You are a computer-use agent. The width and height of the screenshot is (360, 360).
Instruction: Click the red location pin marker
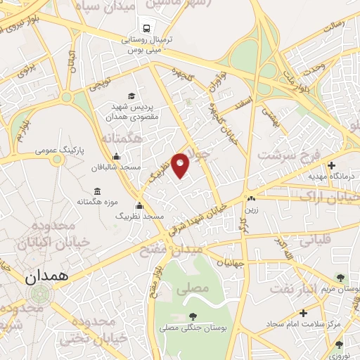click(x=181, y=165)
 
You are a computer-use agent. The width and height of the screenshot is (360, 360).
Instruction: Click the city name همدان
click(x=46, y=277)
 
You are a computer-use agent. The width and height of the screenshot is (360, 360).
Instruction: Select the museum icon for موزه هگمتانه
click(x=97, y=191)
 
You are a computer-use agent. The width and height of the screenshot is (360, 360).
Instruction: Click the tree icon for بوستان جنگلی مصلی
click(x=193, y=316)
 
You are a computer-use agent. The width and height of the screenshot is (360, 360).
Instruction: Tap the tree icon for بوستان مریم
click(x=341, y=278)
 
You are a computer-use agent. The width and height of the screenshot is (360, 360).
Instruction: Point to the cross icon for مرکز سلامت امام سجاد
click(x=303, y=313)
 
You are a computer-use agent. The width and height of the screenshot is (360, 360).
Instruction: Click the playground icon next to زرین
click(x=251, y=198)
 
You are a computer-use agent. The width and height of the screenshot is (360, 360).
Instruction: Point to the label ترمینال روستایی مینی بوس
click(x=144, y=44)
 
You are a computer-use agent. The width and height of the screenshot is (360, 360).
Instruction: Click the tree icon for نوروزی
click(x=339, y=345)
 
